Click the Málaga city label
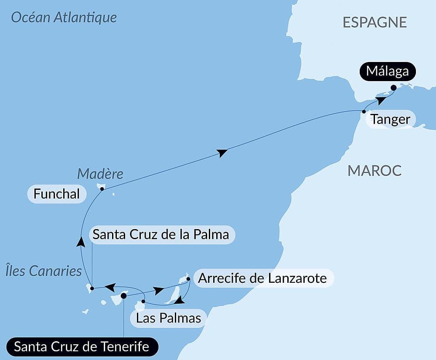[x=387, y=71]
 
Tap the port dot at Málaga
[x=393, y=88]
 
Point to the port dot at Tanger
[x=364, y=112]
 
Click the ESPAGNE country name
[x=375, y=22]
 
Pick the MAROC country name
[x=374, y=171]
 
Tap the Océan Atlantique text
[x=64, y=17]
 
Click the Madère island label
[x=100, y=174]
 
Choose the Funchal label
[x=57, y=194]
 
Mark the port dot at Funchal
[x=102, y=189]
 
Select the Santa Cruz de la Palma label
[x=161, y=235]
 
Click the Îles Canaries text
[x=44, y=271]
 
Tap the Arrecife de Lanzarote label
[x=262, y=278]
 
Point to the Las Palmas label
[x=168, y=318]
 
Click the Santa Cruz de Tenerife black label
[x=82, y=347]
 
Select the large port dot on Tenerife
[x=123, y=296]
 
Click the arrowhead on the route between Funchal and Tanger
[x=222, y=152]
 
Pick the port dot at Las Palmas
[x=143, y=301]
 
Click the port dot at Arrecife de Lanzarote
[x=188, y=278]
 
